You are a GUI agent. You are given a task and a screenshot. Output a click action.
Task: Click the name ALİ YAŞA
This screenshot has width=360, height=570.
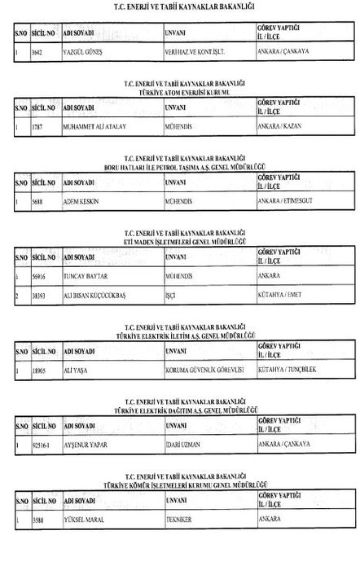point(75,369)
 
